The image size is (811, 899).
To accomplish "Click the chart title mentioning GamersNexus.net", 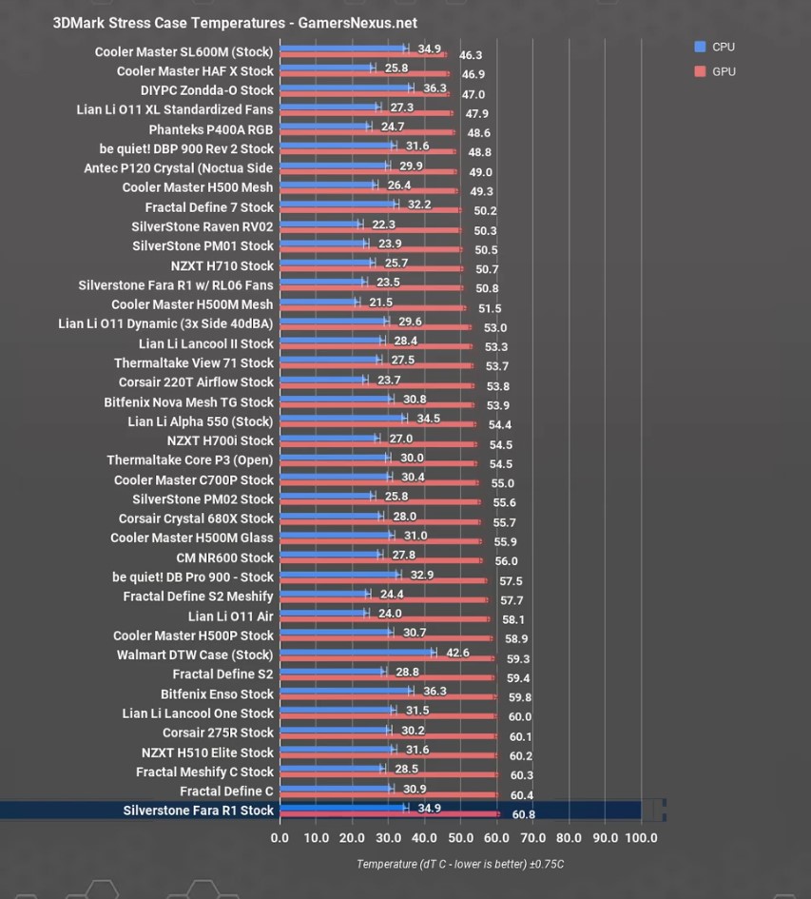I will click(x=234, y=23).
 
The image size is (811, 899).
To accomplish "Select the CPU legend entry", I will click(x=714, y=47).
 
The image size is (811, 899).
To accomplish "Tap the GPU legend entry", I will click(x=714, y=71).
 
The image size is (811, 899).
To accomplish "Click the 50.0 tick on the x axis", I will click(x=460, y=838).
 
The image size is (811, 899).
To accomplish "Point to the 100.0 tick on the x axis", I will click(x=641, y=838).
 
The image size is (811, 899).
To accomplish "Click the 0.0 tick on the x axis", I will click(x=280, y=838).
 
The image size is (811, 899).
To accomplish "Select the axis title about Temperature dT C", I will click(x=460, y=864).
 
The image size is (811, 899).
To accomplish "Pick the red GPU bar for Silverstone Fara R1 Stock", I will click(x=389, y=814).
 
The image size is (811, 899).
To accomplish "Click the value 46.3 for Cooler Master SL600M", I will click(x=471, y=56).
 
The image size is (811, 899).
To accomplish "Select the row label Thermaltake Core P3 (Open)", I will click(x=190, y=460).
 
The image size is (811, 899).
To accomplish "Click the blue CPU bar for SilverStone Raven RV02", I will click(x=319, y=225).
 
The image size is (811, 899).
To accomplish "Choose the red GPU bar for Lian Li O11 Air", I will click(x=384, y=619).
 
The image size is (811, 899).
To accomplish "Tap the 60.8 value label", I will click(x=523, y=815).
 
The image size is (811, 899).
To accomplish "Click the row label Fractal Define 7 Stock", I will click(x=209, y=207).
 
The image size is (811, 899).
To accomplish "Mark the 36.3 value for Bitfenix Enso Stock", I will click(x=434, y=692).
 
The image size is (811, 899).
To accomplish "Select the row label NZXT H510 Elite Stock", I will click(x=207, y=752).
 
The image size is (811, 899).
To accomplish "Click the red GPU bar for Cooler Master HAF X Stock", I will click(x=364, y=74).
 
